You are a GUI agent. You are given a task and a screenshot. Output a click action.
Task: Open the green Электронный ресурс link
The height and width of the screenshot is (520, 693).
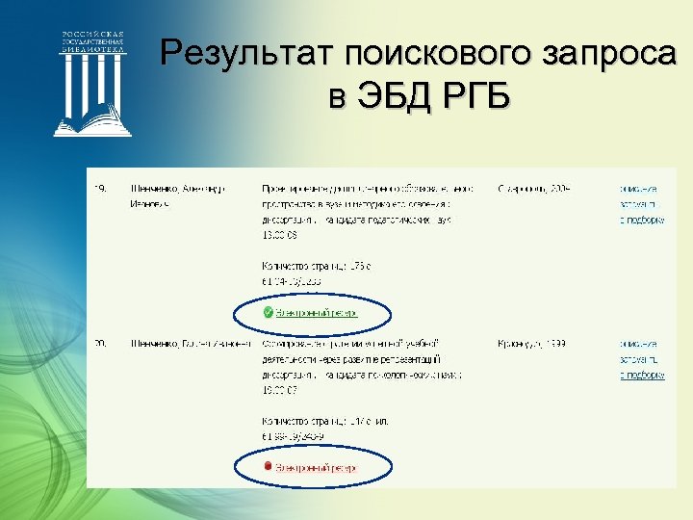317,313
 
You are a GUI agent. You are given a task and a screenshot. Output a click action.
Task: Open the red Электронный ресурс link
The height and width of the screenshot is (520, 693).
317,467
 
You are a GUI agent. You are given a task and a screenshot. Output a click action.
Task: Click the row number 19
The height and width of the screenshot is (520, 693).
100,188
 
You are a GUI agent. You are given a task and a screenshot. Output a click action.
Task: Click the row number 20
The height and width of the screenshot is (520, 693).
100,343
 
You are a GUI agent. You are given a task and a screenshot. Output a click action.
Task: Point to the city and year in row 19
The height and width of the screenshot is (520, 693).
534,188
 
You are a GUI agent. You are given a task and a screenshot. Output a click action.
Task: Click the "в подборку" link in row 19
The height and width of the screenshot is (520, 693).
642,220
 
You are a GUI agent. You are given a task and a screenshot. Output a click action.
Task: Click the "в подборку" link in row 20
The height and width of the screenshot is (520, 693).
642,375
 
